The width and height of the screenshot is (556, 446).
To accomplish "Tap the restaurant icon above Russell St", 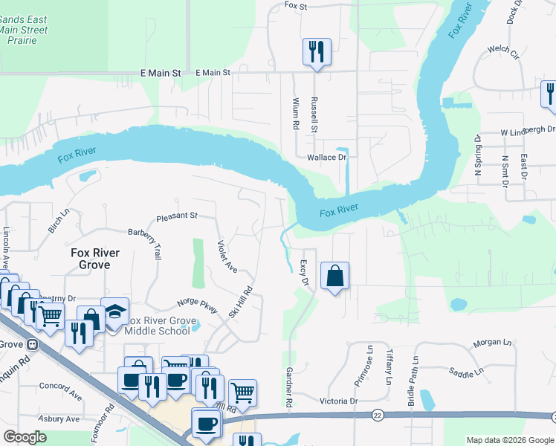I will click(x=316, y=51).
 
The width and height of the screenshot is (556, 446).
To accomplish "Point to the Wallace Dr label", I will click(x=327, y=158).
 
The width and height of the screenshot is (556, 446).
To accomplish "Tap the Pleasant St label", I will click(x=176, y=216).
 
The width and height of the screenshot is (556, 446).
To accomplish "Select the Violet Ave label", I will click(x=227, y=256).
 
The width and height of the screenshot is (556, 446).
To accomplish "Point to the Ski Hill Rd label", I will click(x=242, y=305).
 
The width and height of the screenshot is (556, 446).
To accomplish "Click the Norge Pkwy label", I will click(x=198, y=307).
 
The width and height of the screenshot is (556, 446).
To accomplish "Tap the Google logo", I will click(x=25, y=436).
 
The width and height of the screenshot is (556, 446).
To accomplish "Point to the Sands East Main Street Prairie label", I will click(x=23, y=30).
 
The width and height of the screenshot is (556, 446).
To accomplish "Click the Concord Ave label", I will click(x=59, y=387).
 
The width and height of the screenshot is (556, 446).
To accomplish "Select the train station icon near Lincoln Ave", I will click(x=33, y=344).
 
